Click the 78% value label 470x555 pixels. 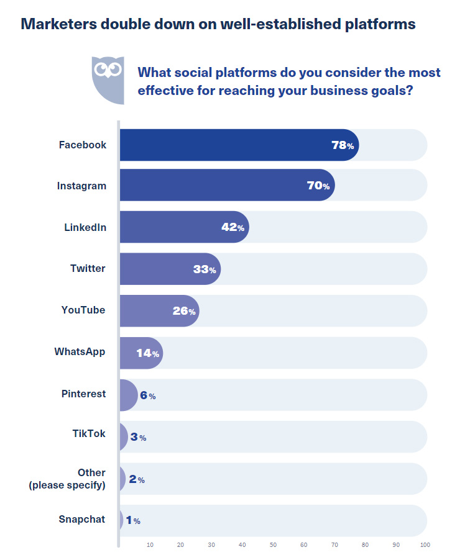point(343,145)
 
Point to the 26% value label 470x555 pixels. point(184,311)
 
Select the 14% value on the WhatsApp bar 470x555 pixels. point(148,353)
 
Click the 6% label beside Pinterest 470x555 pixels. point(147,395)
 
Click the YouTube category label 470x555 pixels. point(83,310)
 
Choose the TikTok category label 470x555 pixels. point(89,433)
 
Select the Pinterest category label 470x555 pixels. point(83,394)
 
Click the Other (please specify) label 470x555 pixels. point(67,479)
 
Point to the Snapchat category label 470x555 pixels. point(82,520)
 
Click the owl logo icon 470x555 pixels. point(108,79)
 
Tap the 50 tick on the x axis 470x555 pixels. point(273,545)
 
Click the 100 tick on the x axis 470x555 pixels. point(425,545)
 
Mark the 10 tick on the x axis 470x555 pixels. point(150,545)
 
